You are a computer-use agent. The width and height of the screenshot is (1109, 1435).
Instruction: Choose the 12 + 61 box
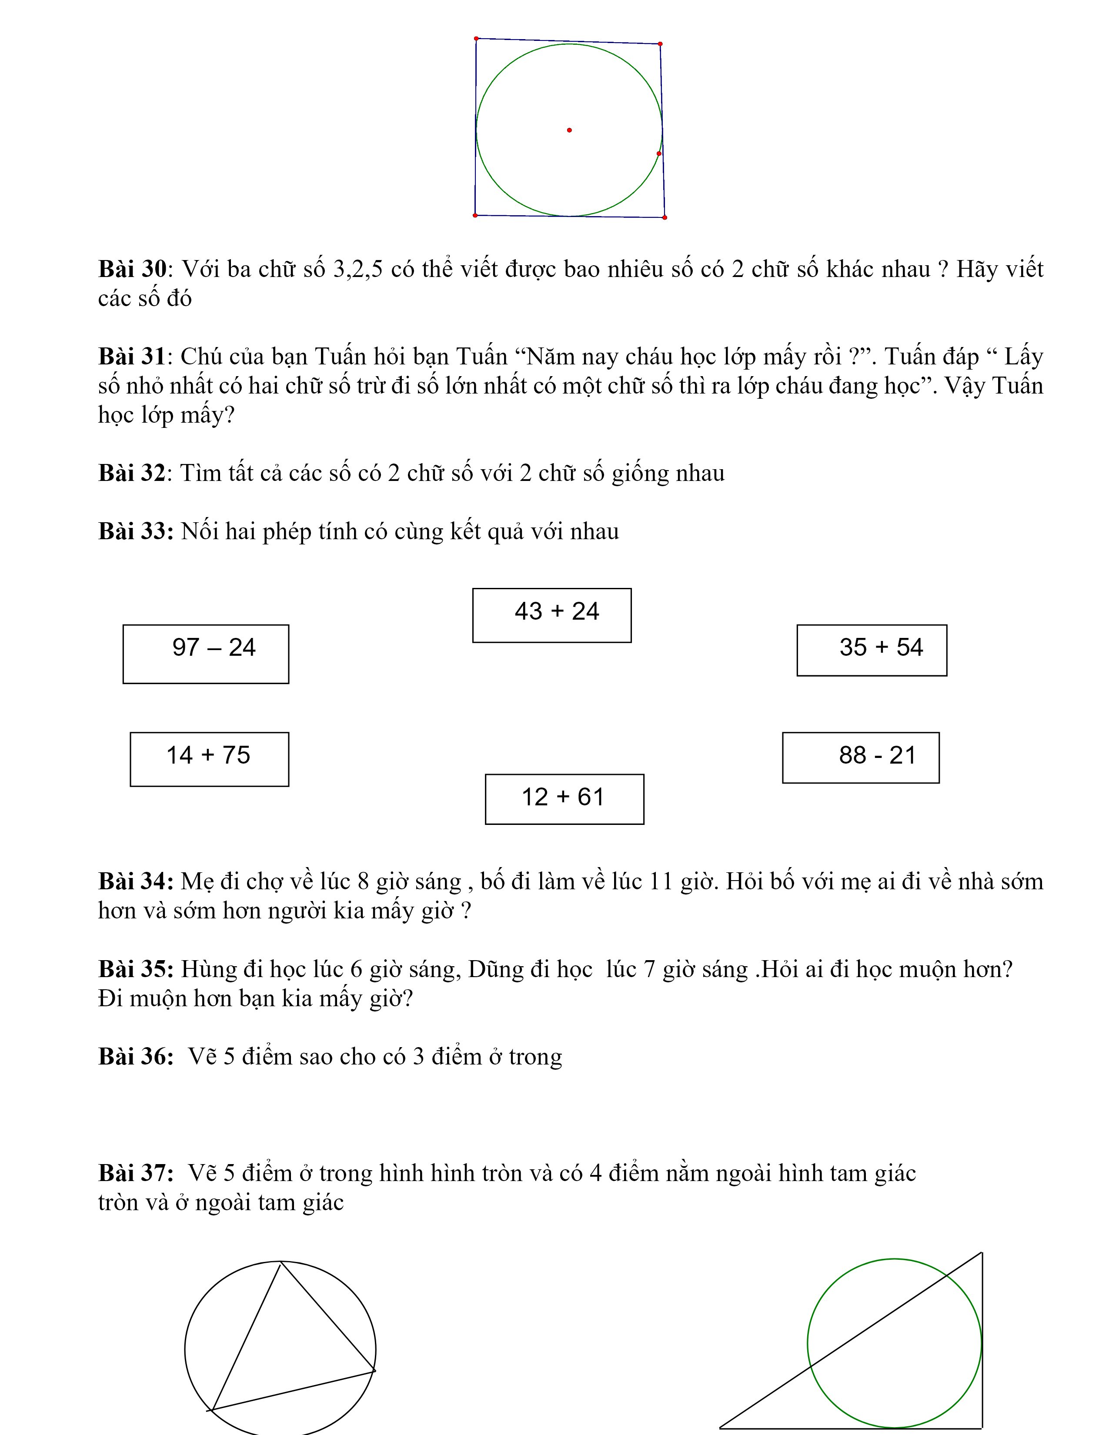[565, 799]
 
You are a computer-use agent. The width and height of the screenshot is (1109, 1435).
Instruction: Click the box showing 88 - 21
[861, 758]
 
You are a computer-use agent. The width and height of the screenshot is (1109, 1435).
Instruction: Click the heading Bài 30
[133, 270]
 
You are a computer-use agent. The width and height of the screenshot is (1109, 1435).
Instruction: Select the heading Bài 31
[133, 357]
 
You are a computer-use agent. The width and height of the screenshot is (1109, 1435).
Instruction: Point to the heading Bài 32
[133, 473]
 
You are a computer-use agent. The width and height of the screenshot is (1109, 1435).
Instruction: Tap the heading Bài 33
[135, 531]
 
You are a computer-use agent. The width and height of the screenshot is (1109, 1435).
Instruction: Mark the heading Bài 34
[135, 881]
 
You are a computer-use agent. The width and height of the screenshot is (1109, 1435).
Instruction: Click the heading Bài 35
[135, 969]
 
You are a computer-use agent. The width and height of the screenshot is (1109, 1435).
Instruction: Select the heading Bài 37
[135, 1173]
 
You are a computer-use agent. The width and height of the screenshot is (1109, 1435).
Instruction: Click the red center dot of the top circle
[569, 130]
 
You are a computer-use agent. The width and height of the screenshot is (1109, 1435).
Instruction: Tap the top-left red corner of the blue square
[476, 39]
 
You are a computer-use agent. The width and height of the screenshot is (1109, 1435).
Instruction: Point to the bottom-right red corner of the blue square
[665, 217]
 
